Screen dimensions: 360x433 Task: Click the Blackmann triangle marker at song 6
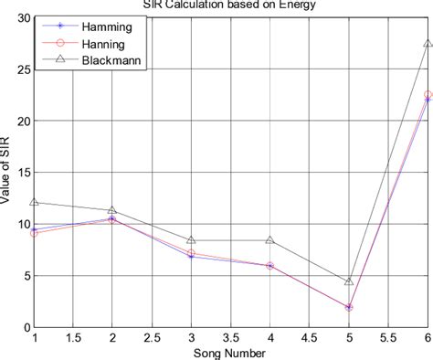[x=427, y=43]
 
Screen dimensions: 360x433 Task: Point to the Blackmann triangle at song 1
[x=35, y=202]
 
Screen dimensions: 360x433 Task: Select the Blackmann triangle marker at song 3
[x=191, y=240]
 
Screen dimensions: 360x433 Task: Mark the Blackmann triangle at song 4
[x=269, y=240]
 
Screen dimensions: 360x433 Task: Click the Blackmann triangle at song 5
[x=348, y=281]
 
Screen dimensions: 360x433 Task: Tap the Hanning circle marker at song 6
[x=427, y=94]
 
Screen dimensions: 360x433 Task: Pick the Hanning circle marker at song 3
[x=191, y=252]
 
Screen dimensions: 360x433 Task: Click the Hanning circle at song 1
[x=35, y=233]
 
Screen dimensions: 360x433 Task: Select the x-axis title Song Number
[x=230, y=352]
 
